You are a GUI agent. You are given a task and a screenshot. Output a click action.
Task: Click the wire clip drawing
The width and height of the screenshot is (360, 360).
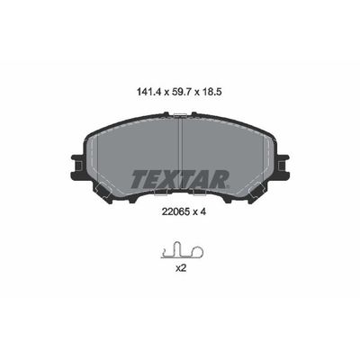pos(180,250)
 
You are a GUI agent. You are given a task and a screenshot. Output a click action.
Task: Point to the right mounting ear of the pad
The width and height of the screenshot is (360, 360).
pos(283,166)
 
